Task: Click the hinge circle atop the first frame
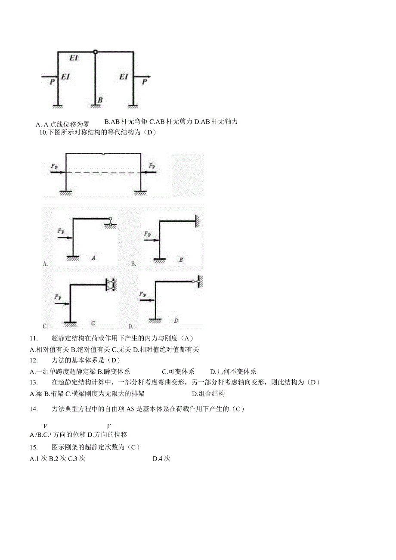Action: click(x=96, y=52)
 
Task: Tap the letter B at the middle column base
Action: click(x=100, y=100)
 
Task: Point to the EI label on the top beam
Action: click(x=74, y=58)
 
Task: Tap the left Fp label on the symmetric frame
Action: click(x=54, y=166)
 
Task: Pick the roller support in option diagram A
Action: click(x=111, y=222)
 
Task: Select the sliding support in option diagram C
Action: click(x=111, y=285)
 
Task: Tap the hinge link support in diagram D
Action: click(x=196, y=282)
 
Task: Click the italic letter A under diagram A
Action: click(x=93, y=258)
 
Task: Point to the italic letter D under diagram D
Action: click(x=176, y=321)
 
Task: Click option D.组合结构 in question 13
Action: click(x=208, y=393)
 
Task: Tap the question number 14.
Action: click(x=34, y=409)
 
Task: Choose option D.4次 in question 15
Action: click(x=161, y=459)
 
